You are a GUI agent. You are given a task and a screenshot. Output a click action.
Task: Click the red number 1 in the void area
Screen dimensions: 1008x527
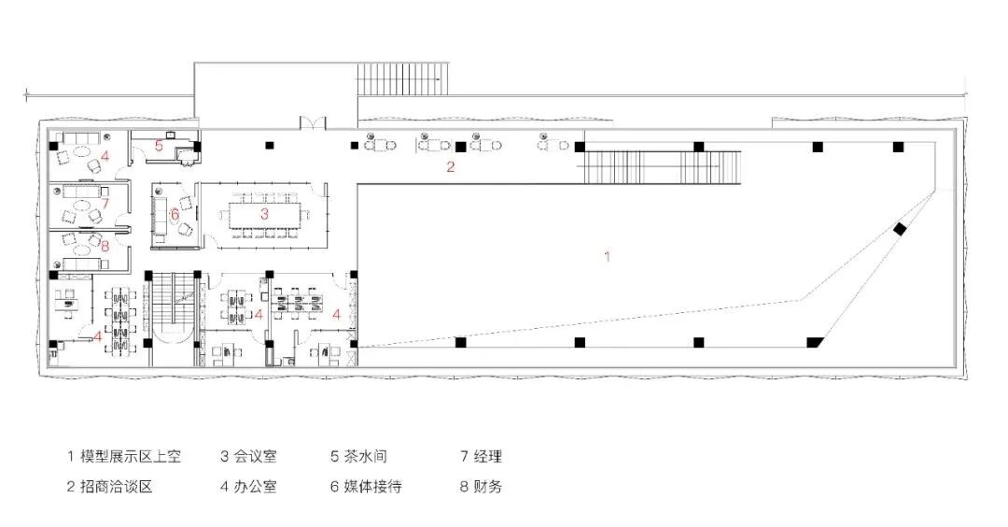pos(608,255)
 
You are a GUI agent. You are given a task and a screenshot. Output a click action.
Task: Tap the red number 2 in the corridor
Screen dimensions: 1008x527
pos(450,167)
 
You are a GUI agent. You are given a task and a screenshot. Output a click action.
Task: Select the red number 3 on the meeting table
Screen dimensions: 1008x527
pos(264,214)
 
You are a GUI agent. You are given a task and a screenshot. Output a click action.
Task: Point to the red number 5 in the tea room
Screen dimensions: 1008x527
pos(159,146)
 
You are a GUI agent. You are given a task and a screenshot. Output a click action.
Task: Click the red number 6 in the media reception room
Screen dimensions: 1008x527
pos(175,214)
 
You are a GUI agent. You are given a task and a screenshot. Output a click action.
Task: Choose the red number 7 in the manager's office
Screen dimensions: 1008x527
pos(105,203)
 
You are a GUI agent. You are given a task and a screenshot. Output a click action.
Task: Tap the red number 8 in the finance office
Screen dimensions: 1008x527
pos(105,247)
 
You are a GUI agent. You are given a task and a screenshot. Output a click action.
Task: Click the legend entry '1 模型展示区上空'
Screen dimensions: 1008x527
pos(123,457)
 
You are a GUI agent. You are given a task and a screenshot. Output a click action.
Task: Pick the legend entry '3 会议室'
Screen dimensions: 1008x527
pos(248,457)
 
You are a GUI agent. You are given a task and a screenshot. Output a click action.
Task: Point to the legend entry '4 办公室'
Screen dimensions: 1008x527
pos(248,486)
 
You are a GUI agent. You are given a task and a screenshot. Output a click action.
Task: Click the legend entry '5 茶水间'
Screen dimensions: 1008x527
pos(358,457)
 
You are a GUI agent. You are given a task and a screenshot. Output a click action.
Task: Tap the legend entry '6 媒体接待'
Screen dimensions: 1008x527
pos(366,486)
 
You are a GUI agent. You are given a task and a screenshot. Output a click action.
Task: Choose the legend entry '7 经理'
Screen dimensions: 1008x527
pos(481,457)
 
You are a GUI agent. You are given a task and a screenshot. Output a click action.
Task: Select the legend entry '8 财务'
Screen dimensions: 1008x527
pos(481,486)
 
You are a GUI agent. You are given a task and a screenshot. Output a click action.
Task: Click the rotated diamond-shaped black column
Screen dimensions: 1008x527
pos(900,230)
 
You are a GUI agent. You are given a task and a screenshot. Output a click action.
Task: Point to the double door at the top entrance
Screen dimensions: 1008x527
pos(312,123)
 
